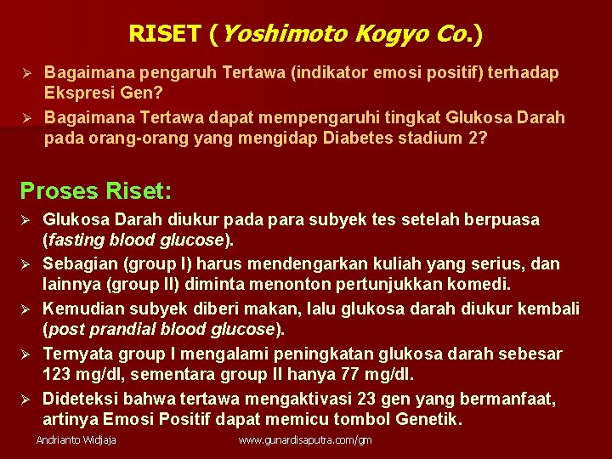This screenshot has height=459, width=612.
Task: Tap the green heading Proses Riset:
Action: click(95, 189)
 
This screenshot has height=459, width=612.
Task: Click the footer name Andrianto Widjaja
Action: click(76, 440)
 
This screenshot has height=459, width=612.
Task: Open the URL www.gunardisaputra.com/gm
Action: click(305, 440)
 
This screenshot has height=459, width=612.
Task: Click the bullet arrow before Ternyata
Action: click(25, 353)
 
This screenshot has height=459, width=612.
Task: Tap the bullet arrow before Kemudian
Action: click(25, 308)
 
